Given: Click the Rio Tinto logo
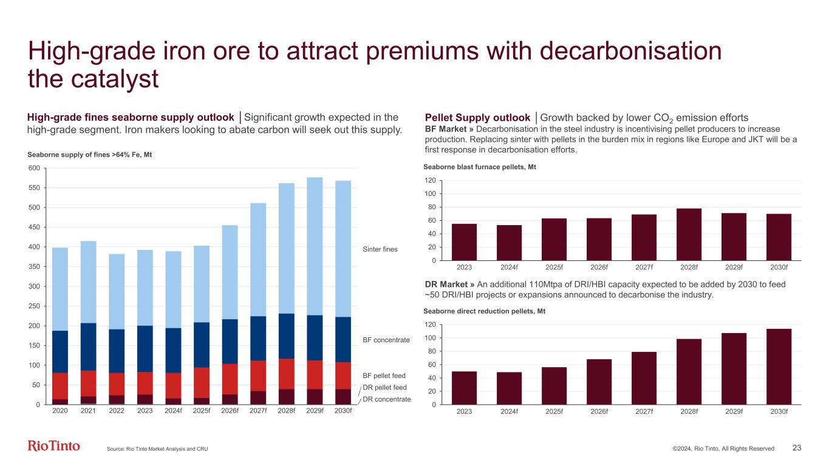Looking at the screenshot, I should [x=53, y=447].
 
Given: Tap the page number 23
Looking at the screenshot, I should [x=797, y=448].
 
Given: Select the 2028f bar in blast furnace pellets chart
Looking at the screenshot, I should [x=689, y=234].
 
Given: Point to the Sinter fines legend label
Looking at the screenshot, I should [x=380, y=249].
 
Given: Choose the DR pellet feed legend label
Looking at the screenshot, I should [x=384, y=387].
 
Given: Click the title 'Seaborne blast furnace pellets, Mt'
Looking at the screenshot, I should [x=480, y=167].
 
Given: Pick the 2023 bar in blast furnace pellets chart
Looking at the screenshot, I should [x=465, y=242].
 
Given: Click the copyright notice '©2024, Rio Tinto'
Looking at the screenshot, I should [x=723, y=448].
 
